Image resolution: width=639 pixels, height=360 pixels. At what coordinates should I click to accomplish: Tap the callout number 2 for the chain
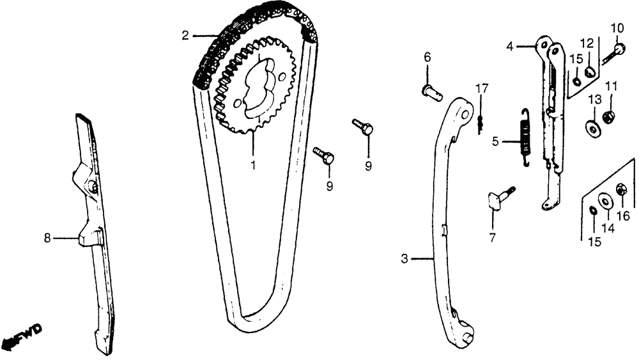pyautogui.click(x=185, y=36)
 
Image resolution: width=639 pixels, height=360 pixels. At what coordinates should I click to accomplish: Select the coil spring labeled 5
pyautogui.click(x=526, y=138)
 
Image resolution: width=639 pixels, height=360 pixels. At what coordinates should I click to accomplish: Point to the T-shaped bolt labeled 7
pyautogui.click(x=501, y=198)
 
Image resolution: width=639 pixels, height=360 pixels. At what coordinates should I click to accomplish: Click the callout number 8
pyautogui.click(x=47, y=238)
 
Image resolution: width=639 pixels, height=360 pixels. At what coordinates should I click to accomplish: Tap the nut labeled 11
pyautogui.click(x=609, y=118)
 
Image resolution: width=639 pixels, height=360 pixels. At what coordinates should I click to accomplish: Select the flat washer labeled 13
pyautogui.click(x=594, y=127)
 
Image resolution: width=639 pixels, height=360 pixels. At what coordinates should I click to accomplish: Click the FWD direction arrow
pyautogui.click(x=21, y=334)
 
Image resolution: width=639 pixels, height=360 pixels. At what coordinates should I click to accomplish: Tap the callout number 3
pyautogui.click(x=404, y=258)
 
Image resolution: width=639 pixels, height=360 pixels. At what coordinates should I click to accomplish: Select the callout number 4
pyautogui.click(x=510, y=47)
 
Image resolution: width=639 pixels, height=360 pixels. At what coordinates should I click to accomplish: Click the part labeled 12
pyautogui.click(x=589, y=72)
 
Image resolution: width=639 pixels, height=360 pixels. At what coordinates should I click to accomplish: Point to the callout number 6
pyautogui.click(x=427, y=57)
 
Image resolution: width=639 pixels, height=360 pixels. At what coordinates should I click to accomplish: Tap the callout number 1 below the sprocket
pyautogui.click(x=253, y=166)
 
